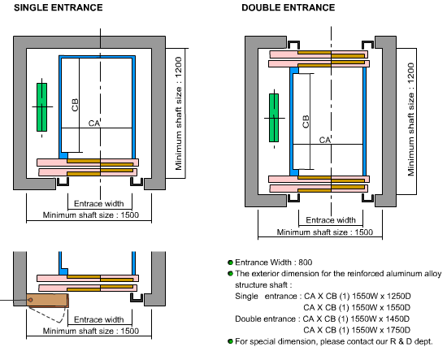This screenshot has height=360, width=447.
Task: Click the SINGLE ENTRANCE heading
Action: (x=59, y=7)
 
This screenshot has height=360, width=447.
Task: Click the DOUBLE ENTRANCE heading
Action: (x=289, y=7)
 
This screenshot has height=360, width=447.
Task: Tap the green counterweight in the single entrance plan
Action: (x=42, y=107)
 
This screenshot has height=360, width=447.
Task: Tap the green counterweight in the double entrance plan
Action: (x=274, y=118)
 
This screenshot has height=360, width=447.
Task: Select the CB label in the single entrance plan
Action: (x=75, y=105)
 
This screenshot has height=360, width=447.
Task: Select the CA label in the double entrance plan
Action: (x=325, y=140)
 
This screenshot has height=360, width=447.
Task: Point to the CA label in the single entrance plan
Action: (x=94, y=124)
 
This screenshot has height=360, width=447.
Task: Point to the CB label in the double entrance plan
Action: (x=306, y=122)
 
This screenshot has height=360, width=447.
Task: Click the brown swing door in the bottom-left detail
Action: (x=47, y=301)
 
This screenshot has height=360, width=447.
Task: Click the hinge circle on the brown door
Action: (x=31, y=300)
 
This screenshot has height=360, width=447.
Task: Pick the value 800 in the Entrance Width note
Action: (x=306, y=262)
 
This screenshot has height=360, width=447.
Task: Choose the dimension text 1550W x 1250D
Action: (x=381, y=296)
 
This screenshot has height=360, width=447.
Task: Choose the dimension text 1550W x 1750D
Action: (x=381, y=330)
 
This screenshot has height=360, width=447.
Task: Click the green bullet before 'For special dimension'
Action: (x=230, y=341)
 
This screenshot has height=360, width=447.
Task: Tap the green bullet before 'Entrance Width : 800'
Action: (x=230, y=262)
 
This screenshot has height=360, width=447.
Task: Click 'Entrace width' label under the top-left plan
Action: (x=99, y=203)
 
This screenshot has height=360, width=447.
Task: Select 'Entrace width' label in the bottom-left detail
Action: (x=99, y=319)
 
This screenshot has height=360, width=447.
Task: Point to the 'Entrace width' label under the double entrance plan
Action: (x=331, y=220)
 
